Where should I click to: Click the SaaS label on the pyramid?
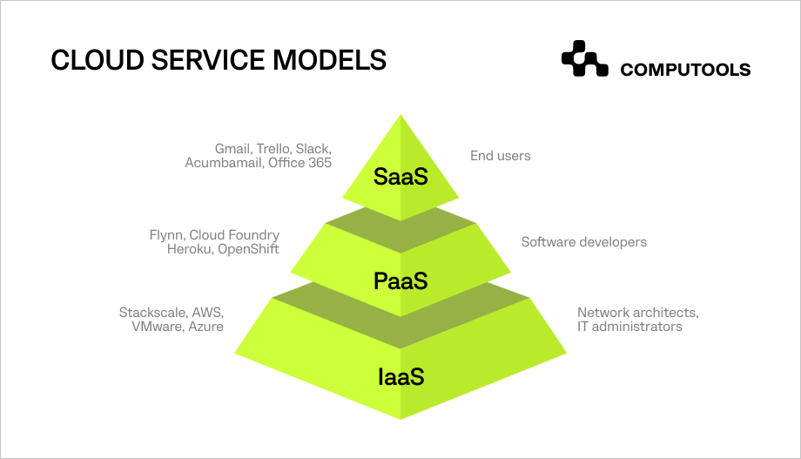point(400,176)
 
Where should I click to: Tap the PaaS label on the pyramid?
point(400,280)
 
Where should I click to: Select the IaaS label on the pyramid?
point(400,377)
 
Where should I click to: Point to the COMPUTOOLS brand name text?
point(685,71)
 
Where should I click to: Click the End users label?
point(500,156)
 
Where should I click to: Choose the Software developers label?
point(583,242)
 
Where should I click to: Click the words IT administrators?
point(629,327)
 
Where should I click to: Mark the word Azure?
point(205,327)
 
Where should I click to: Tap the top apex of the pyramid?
point(400,116)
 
